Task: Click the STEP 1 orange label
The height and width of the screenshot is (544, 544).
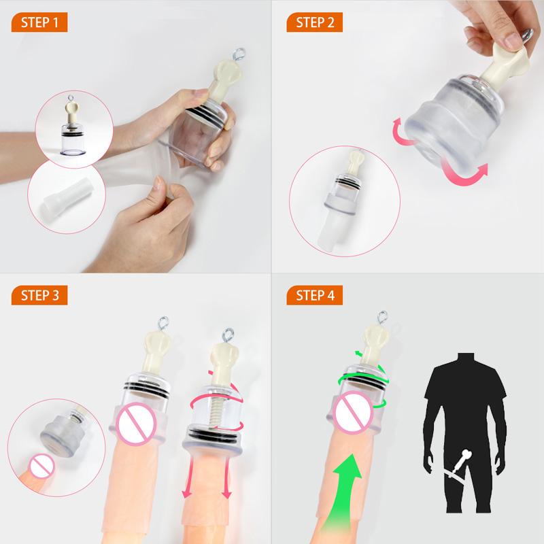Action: click(40, 22)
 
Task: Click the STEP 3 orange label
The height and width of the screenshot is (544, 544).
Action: click(40, 296)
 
